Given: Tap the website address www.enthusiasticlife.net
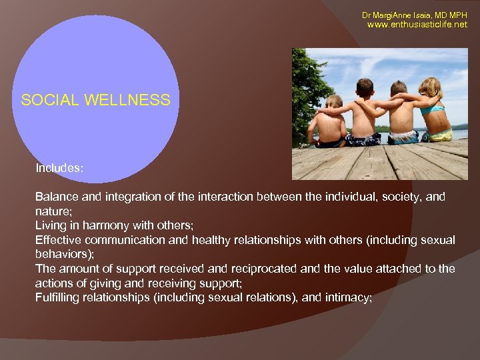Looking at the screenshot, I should click(x=417, y=25).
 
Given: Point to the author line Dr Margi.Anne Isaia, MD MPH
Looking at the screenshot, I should click(x=415, y=15).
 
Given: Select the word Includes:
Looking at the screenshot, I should click(x=59, y=168).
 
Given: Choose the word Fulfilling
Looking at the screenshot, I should click(x=57, y=297).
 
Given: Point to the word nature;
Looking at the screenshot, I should click(x=52, y=211).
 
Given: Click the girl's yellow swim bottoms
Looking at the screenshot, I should click(x=441, y=135).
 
